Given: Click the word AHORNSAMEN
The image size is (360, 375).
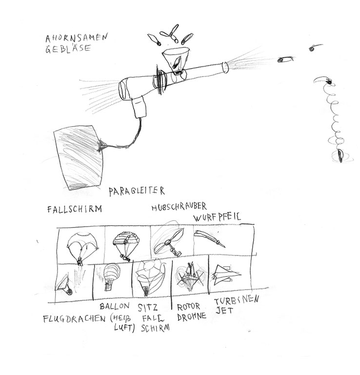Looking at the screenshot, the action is pos(77,38).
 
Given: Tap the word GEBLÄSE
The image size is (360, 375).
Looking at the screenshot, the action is pos(68,48).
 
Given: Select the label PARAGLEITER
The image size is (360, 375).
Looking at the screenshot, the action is pos(137,191).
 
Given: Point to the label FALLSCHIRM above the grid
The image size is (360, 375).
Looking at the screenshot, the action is pos(74,209).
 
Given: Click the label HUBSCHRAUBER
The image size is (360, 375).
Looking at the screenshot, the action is pos(179,207).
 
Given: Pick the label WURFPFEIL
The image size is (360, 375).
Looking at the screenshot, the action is pos(217,217).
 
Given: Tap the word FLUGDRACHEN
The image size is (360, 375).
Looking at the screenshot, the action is pos(74,319).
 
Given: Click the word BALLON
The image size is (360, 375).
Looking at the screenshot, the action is pos(115,306).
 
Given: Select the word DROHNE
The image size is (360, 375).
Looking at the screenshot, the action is pos(192,316).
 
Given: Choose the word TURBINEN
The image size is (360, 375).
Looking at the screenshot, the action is pos(237,300).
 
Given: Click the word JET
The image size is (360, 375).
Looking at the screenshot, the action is pos(224,311).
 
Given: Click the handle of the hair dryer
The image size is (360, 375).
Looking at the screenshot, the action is pos(139,107).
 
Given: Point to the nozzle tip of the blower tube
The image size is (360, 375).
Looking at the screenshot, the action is pos(225,67).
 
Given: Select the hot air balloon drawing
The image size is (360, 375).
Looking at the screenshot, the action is pos(112,277).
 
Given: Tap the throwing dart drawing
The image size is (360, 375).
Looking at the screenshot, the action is pos(209,238).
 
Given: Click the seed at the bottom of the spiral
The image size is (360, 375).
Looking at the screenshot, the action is pos(340,155).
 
